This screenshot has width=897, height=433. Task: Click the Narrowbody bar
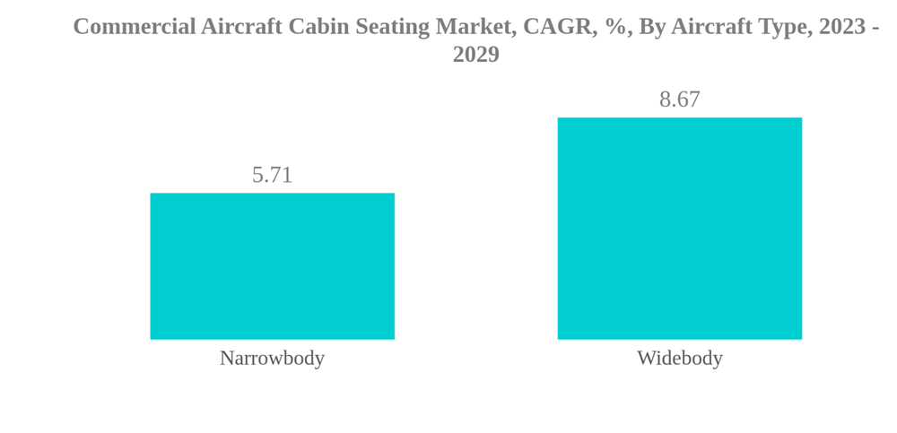pyautogui.click(x=272, y=266)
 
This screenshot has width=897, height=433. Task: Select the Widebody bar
pyautogui.click(x=679, y=229)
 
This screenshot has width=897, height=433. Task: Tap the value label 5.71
pyautogui.click(x=272, y=175)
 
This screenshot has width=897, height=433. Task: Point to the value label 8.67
pyautogui.click(x=679, y=100)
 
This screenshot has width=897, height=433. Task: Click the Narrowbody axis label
pyautogui.click(x=272, y=358)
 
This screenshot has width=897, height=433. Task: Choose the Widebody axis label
pyautogui.click(x=679, y=358)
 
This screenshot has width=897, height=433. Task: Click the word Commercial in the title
pyautogui.click(x=134, y=27)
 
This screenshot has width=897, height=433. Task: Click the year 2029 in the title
pyautogui.click(x=475, y=55)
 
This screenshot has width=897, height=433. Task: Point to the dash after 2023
pyautogui.click(x=875, y=27)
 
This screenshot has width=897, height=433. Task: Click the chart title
pyautogui.click(x=475, y=40)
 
